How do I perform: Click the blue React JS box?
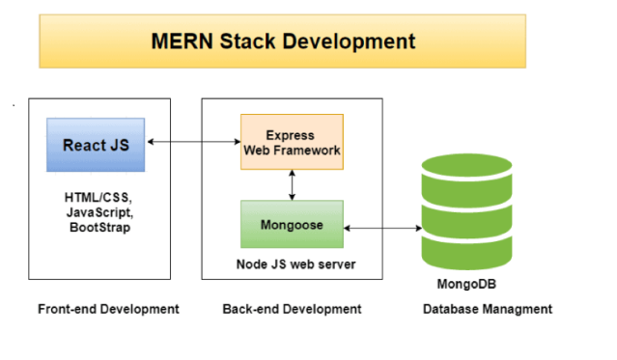click(96, 145)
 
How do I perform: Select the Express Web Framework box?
click(292, 142)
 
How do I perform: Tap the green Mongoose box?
click(292, 224)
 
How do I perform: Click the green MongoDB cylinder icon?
click(466, 211)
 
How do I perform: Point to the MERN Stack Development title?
click(283, 42)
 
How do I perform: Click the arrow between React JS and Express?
click(194, 142)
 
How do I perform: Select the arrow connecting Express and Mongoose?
click(292, 185)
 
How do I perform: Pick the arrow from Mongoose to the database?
click(382, 228)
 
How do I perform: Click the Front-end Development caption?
click(108, 309)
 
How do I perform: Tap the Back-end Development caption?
click(292, 309)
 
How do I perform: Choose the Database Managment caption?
click(488, 309)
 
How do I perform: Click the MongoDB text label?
click(466, 284)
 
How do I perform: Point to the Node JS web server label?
click(295, 264)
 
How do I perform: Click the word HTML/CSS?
click(98, 198)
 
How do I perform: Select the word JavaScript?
click(100, 212)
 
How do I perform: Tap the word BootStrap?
click(100, 228)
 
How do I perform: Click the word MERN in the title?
click(182, 42)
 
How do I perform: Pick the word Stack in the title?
click(247, 42)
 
